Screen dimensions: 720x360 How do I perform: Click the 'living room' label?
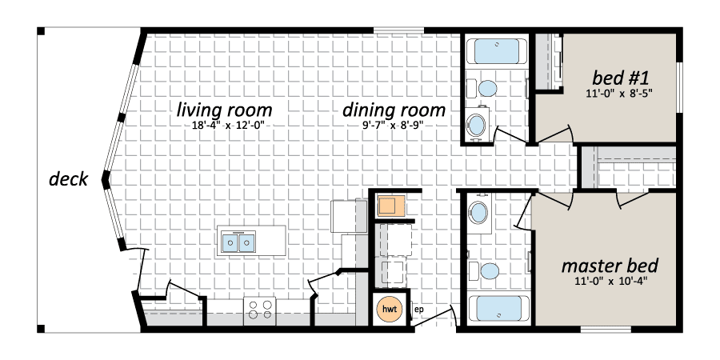(x=225, y=110)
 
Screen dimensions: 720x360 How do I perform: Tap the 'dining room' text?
(x=394, y=110)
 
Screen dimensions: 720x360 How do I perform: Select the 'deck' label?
(x=69, y=179)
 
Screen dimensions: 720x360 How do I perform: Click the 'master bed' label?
(x=610, y=266)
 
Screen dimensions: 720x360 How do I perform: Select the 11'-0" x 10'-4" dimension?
(x=610, y=280)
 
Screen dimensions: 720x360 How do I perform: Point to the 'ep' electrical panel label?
(x=418, y=310)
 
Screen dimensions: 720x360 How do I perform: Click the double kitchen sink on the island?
(x=238, y=243)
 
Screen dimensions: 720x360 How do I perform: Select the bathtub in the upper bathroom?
(x=496, y=51)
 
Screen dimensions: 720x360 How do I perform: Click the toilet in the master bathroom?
(x=484, y=271)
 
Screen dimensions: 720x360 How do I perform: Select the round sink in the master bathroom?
(x=478, y=213)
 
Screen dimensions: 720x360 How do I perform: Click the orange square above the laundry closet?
(x=390, y=206)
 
